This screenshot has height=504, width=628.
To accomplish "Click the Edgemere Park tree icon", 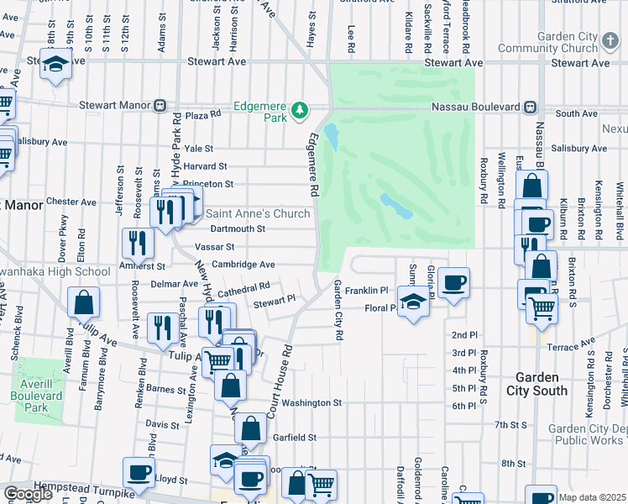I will click(299, 110).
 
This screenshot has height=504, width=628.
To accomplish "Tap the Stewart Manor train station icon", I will click(159, 106).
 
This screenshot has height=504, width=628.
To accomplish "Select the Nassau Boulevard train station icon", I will click(531, 107).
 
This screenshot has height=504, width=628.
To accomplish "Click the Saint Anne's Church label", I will click(258, 213).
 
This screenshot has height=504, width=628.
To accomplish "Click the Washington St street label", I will click(311, 403).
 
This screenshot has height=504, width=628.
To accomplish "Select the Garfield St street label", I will click(293, 438).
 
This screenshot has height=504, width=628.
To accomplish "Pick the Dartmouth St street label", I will click(238, 228).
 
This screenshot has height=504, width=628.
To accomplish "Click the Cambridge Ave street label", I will click(243, 264).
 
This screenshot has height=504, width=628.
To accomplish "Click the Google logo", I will click(28, 494).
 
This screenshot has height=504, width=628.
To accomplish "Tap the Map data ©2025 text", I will click(592, 497).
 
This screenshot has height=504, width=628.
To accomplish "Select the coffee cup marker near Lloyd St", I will click(139, 472).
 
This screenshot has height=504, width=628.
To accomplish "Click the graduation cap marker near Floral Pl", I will click(414, 301).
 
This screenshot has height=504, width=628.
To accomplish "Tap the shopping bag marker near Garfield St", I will click(250, 428).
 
